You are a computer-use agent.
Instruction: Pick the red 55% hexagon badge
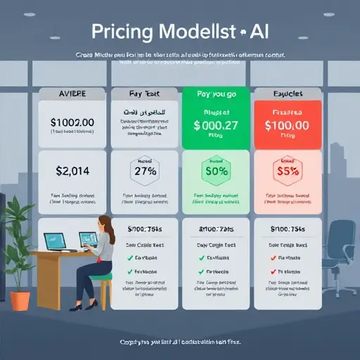pos(286,171)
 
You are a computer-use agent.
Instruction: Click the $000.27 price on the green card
pos(214,125)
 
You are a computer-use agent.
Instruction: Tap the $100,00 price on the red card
pos(286,126)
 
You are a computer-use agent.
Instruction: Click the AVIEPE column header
pos(70,93)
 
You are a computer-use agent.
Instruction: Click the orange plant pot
pos(21,299)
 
